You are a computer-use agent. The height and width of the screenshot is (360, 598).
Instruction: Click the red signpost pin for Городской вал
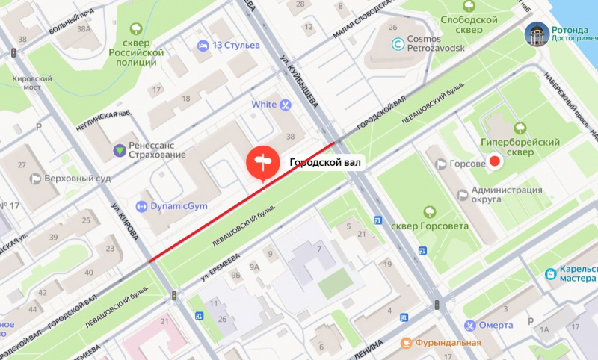[262, 164]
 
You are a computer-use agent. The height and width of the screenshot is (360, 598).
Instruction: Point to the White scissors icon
[285, 105]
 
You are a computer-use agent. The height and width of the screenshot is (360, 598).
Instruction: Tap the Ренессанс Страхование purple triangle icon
[119, 150]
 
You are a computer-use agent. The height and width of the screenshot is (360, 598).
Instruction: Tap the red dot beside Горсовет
[493, 161]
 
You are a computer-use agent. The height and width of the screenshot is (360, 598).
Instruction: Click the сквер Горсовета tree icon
[428, 211]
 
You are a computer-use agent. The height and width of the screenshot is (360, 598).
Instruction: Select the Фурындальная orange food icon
[406, 343]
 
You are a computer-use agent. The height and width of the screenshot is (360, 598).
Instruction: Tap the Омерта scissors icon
[469, 325]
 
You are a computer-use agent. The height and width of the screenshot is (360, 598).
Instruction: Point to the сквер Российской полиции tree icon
[136, 29]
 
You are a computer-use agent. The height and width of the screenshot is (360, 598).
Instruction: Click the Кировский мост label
[32, 83]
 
